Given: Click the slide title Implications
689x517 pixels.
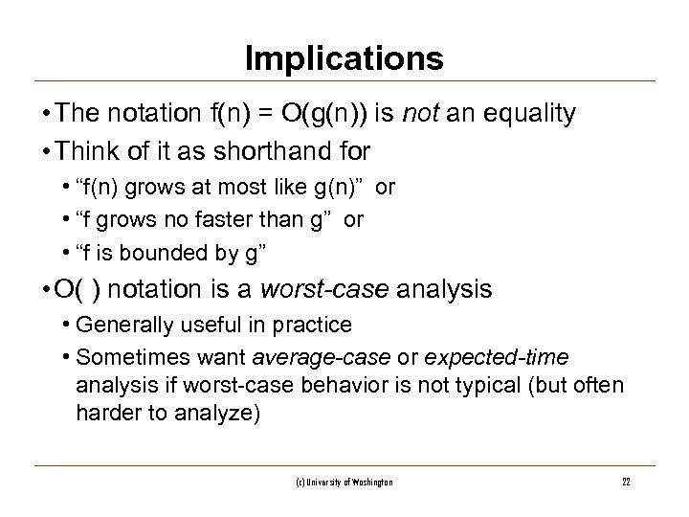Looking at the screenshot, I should click(344, 59).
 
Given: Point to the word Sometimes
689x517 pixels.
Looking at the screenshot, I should click(125, 357).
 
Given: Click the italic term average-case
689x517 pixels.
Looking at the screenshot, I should click(302, 357).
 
